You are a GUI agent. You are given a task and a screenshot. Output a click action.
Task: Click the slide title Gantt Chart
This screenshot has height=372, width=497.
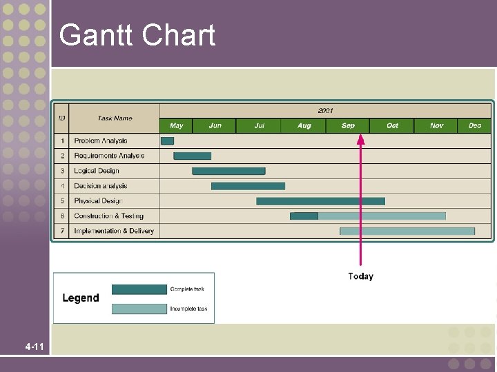137,35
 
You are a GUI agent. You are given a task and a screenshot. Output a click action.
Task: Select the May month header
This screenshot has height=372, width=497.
176,125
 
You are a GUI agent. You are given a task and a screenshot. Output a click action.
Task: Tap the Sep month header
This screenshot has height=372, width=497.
348,125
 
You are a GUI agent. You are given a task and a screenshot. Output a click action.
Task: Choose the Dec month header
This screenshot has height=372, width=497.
475,125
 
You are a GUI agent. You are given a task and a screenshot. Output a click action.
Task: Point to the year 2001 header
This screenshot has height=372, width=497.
325,110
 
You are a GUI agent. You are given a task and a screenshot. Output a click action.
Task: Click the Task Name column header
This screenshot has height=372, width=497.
115,118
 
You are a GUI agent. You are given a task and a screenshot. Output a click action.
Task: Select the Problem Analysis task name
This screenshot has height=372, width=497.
101,141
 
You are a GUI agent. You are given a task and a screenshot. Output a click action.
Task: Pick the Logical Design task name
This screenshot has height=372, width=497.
97,171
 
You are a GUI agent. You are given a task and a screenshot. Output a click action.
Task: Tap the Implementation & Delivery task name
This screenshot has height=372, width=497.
114,231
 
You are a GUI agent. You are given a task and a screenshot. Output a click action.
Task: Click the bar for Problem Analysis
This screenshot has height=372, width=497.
167,141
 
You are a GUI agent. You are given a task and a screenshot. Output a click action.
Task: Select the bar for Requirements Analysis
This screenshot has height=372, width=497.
192,156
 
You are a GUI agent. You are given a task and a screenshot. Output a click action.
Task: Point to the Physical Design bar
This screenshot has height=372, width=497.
320,201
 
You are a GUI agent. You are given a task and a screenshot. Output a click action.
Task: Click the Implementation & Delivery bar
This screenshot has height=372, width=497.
407,231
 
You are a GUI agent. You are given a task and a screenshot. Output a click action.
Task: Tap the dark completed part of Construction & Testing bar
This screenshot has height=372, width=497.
304,216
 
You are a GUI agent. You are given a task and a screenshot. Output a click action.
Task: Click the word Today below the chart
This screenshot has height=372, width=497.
360,276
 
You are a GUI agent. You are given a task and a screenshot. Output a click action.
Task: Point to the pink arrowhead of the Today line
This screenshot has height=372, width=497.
360,138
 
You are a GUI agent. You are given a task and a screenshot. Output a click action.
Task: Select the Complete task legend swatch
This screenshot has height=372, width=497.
139,289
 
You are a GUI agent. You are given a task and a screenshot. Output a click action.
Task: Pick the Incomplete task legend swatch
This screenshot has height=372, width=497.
139,309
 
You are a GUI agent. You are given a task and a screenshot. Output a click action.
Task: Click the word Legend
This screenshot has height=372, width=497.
81,298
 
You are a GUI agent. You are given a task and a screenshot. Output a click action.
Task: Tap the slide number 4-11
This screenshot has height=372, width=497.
34,347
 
